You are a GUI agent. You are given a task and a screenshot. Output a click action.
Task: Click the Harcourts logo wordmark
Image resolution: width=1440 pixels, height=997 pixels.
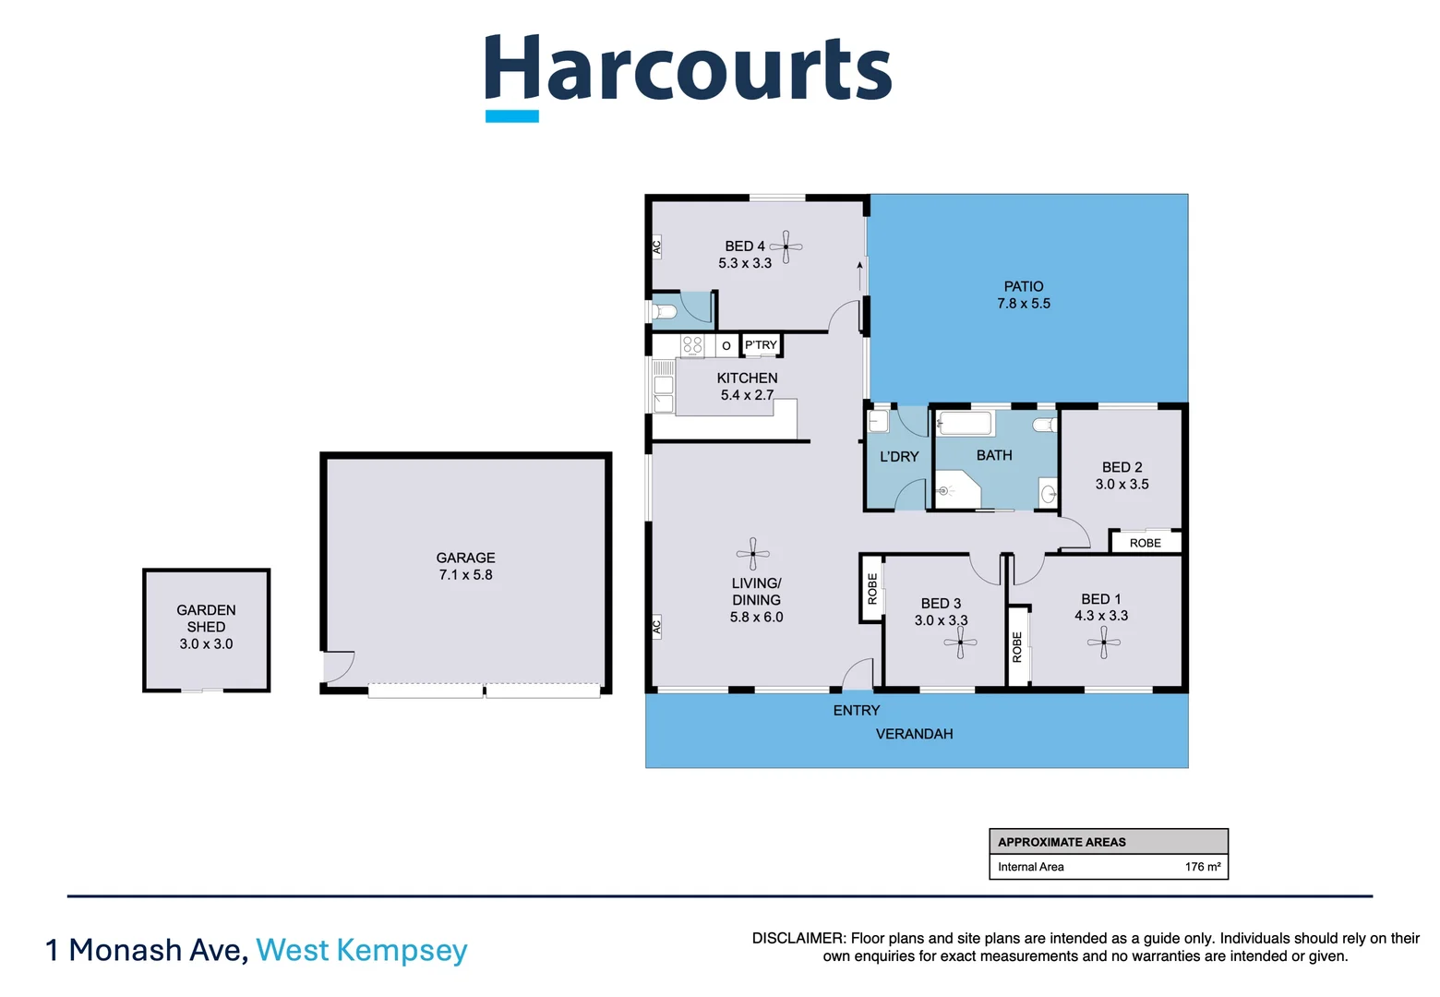(688, 72)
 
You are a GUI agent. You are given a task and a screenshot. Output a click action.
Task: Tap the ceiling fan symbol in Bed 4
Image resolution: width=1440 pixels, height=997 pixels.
(786, 246)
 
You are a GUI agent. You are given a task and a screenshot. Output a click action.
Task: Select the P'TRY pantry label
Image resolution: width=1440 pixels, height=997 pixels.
(761, 345)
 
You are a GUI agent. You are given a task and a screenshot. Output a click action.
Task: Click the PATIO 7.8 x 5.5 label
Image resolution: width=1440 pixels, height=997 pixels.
(1023, 294)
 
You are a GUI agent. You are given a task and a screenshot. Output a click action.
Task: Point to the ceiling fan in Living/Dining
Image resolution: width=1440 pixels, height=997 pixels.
(753, 554)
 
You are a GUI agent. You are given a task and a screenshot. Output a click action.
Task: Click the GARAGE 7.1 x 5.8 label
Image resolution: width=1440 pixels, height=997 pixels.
(465, 566)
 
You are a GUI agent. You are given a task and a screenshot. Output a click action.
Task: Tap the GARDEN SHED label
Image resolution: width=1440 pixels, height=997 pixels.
(206, 619)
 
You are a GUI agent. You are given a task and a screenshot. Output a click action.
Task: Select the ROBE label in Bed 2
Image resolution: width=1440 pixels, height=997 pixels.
(1145, 543)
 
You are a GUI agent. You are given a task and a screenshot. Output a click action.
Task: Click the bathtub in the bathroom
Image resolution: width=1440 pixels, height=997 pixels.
(965, 425)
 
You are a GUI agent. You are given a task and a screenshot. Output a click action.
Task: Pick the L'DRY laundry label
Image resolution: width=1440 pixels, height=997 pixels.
(898, 456)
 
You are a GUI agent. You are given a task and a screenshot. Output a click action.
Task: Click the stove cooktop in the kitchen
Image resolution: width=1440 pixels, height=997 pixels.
(692, 346)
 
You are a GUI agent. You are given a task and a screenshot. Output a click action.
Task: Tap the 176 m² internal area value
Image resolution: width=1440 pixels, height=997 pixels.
(1202, 867)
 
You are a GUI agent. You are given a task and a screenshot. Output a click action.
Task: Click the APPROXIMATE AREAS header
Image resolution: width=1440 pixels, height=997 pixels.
(1062, 842)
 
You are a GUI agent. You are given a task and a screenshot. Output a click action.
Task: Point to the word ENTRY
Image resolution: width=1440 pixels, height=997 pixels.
(856, 710)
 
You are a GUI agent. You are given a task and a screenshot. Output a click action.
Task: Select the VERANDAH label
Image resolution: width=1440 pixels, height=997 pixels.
(914, 734)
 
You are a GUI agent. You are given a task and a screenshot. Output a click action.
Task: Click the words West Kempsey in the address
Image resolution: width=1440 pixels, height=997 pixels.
(361, 950)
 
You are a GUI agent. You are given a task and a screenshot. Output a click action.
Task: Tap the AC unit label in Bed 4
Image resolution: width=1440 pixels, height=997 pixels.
(656, 247)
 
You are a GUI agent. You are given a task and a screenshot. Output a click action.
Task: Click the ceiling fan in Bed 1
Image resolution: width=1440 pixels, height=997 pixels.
(1104, 643)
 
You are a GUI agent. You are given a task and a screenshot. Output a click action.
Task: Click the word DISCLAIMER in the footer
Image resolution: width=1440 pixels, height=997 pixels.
(798, 938)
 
